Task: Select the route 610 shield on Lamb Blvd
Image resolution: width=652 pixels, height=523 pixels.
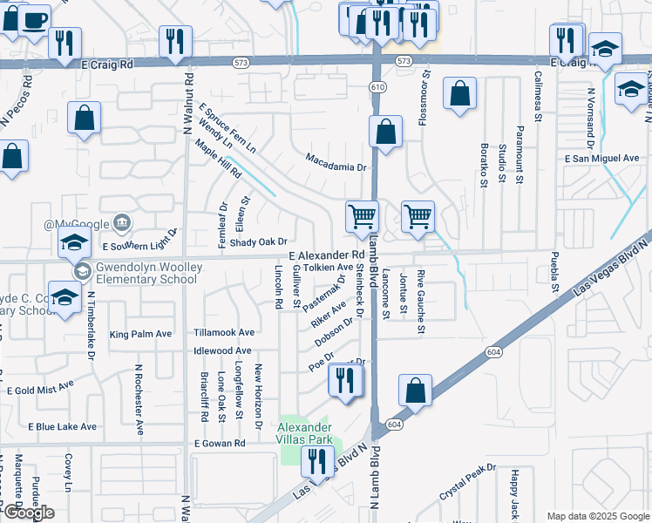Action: tap(377, 86)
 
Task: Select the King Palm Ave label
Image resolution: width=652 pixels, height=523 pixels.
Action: tap(141, 335)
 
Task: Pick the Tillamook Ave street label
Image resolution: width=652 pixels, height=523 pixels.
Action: tap(224, 333)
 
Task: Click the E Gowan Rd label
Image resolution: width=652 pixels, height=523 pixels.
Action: tap(220, 444)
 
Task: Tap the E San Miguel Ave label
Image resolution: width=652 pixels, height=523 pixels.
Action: tap(602, 159)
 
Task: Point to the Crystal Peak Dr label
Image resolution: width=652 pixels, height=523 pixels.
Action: tap(467, 480)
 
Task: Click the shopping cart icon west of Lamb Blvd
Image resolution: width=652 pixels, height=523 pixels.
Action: tap(362, 215)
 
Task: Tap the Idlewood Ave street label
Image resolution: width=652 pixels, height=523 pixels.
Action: tap(223, 350)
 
